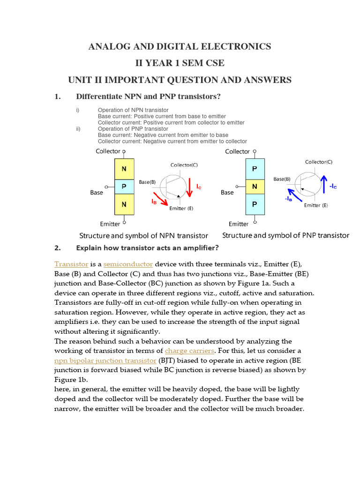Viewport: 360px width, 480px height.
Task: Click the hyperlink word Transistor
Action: point(71,264)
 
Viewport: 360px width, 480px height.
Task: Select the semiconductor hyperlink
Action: point(128,264)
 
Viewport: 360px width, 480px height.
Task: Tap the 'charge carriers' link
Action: point(189,351)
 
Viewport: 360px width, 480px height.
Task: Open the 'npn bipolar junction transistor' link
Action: point(105,360)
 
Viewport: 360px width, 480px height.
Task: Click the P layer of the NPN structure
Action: point(124,187)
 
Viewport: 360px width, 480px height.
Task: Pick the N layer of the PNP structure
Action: point(255,187)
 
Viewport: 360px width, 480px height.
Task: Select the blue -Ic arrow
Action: point(323,184)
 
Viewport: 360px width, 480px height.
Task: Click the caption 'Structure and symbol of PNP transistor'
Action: point(285,235)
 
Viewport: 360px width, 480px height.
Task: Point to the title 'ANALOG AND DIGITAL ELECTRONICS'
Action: point(180,46)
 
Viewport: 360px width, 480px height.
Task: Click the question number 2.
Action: point(58,248)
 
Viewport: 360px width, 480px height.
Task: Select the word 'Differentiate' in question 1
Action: point(99,97)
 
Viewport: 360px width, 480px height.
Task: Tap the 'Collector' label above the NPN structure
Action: point(108,151)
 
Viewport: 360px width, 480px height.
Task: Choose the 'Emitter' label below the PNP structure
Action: point(239,224)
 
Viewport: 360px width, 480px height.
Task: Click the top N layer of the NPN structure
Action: point(124,168)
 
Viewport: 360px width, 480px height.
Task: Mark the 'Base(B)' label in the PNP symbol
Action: point(282,179)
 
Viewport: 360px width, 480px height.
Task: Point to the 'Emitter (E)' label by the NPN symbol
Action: point(181,209)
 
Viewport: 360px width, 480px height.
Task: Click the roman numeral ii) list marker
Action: point(78,129)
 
